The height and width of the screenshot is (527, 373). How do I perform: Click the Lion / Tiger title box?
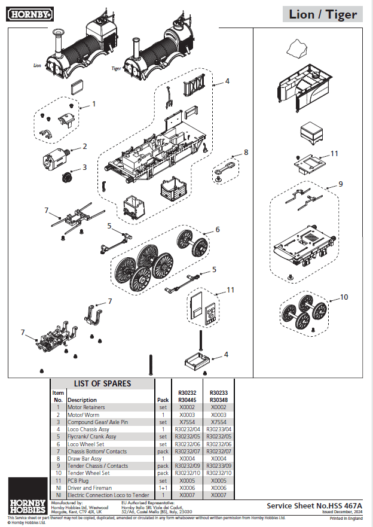pyautogui.click(x=323, y=14)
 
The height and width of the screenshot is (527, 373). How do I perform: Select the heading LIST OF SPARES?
pyautogui.click(x=102, y=383)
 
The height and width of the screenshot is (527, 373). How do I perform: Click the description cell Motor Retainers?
pyautogui.click(x=86, y=407)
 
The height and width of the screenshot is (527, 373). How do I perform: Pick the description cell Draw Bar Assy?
pyautogui.click(x=85, y=459)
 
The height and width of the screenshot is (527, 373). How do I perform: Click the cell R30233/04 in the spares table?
pyautogui.click(x=219, y=429)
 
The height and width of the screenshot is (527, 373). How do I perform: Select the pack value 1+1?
pyautogui.click(x=163, y=488)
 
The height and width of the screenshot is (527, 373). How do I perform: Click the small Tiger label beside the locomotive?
pyautogui.click(x=117, y=68)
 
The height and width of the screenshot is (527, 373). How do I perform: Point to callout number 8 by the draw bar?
pyautogui.click(x=246, y=153)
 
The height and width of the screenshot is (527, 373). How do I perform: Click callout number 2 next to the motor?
pyautogui.click(x=85, y=146)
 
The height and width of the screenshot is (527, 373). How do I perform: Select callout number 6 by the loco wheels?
pyautogui.click(x=218, y=229)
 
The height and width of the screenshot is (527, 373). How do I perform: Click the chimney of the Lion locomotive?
pyautogui.click(x=59, y=41)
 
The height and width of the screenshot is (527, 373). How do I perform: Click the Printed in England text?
pyautogui.click(x=346, y=518)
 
